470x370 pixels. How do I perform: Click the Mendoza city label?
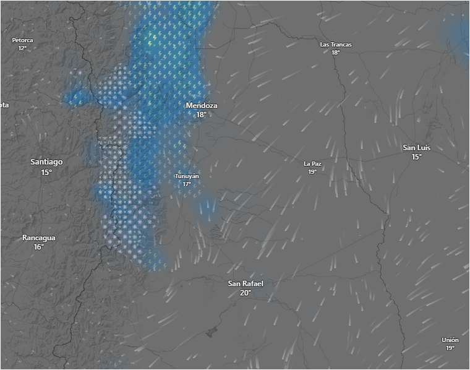pyautogui.click(x=202, y=106)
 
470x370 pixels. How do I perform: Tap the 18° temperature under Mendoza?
pyautogui.click(x=202, y=115)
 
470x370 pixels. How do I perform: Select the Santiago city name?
pyautogui.click(x=46, y=162)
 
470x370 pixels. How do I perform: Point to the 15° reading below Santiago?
pyautogui.click(x=46, y=172)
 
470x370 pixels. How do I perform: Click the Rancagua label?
pyautogui.click(x=39, y=238)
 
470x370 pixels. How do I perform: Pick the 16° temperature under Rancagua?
pyautogui.click(x=39, y=247)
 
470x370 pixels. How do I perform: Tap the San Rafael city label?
pyautogui.click(x=246, y=283)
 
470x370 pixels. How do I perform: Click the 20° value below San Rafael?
pyautogui.click(x=246, y=293)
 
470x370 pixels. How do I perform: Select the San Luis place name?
pyautogui.click(x=416, y=148)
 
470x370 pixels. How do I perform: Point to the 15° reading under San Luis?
pyautogui.click(x=416, y=157)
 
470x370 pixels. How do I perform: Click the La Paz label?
pyautogui.click(x=312, y=164)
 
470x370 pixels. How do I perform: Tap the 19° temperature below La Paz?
pyautogui.click(x=312, y=172)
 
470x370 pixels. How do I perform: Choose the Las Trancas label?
pyautogui.click(x=336, y=45)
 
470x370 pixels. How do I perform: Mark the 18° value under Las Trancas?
pyautogui.click(x=336, y=53)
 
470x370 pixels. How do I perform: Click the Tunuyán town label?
pyautogui.click(x=187, y=176)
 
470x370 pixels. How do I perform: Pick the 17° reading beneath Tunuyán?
pyautogui.click(x=187, y=184)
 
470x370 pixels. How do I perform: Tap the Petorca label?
pyautogui.click(x=22, y=40)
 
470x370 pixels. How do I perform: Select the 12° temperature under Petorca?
pyautogui.click(x=22, y=48)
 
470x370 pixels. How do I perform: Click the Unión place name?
pyautogui.click(x=450, y=340)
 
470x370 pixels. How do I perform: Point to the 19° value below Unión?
pyautogui.click(x=450, y=348)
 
